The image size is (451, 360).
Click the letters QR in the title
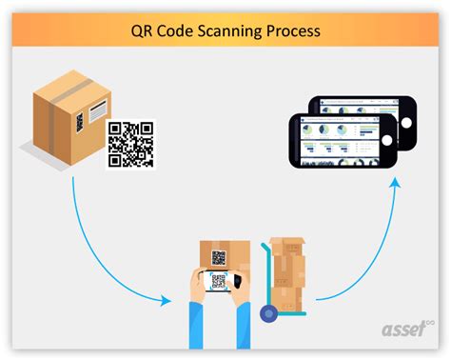coord(143,31)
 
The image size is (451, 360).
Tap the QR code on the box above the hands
coord(219,257)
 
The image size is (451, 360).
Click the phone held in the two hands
coord(220,282)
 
